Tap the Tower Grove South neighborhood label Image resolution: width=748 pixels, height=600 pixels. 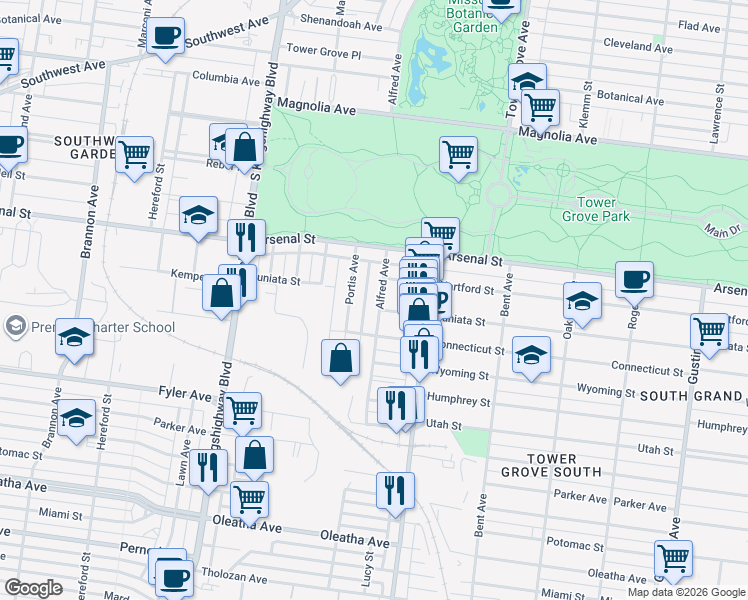coord(565,464)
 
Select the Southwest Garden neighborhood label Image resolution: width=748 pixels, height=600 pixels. coord(87,148)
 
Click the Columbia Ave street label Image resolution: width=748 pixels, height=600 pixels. coord(226,76)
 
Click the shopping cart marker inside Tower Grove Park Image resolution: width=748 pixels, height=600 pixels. coord(458,155)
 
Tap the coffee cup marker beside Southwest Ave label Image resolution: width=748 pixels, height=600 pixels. coord(167,36)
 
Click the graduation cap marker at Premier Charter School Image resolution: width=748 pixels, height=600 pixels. coord(74,340)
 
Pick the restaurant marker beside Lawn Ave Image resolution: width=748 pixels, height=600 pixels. coord(208,467)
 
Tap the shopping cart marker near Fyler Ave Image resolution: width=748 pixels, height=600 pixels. coord(242,408)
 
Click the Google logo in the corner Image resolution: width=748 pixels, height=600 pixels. coord(33,588)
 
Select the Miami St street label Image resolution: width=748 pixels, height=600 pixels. coord(60,514)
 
